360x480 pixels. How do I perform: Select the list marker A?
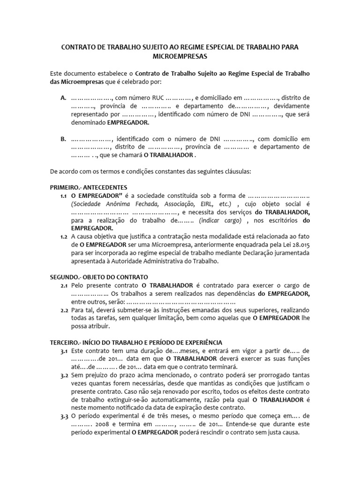tap(63, 98)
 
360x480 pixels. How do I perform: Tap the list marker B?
tap(63, 139)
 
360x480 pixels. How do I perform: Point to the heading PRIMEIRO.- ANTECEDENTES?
tap(89, 187)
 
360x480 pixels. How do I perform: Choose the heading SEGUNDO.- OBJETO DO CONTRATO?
tap(99, 277)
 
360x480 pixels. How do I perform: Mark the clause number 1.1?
tap(64, 195)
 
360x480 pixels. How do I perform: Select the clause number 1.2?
tap(64, 237)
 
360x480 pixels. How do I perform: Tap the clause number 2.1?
tap(64, 285)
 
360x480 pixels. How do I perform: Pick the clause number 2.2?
tap(64, 310)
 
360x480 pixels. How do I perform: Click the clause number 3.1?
tap(64, 351)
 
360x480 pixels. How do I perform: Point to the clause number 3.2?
tap(64, 375)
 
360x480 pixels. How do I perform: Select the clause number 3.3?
tap(64, 416)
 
